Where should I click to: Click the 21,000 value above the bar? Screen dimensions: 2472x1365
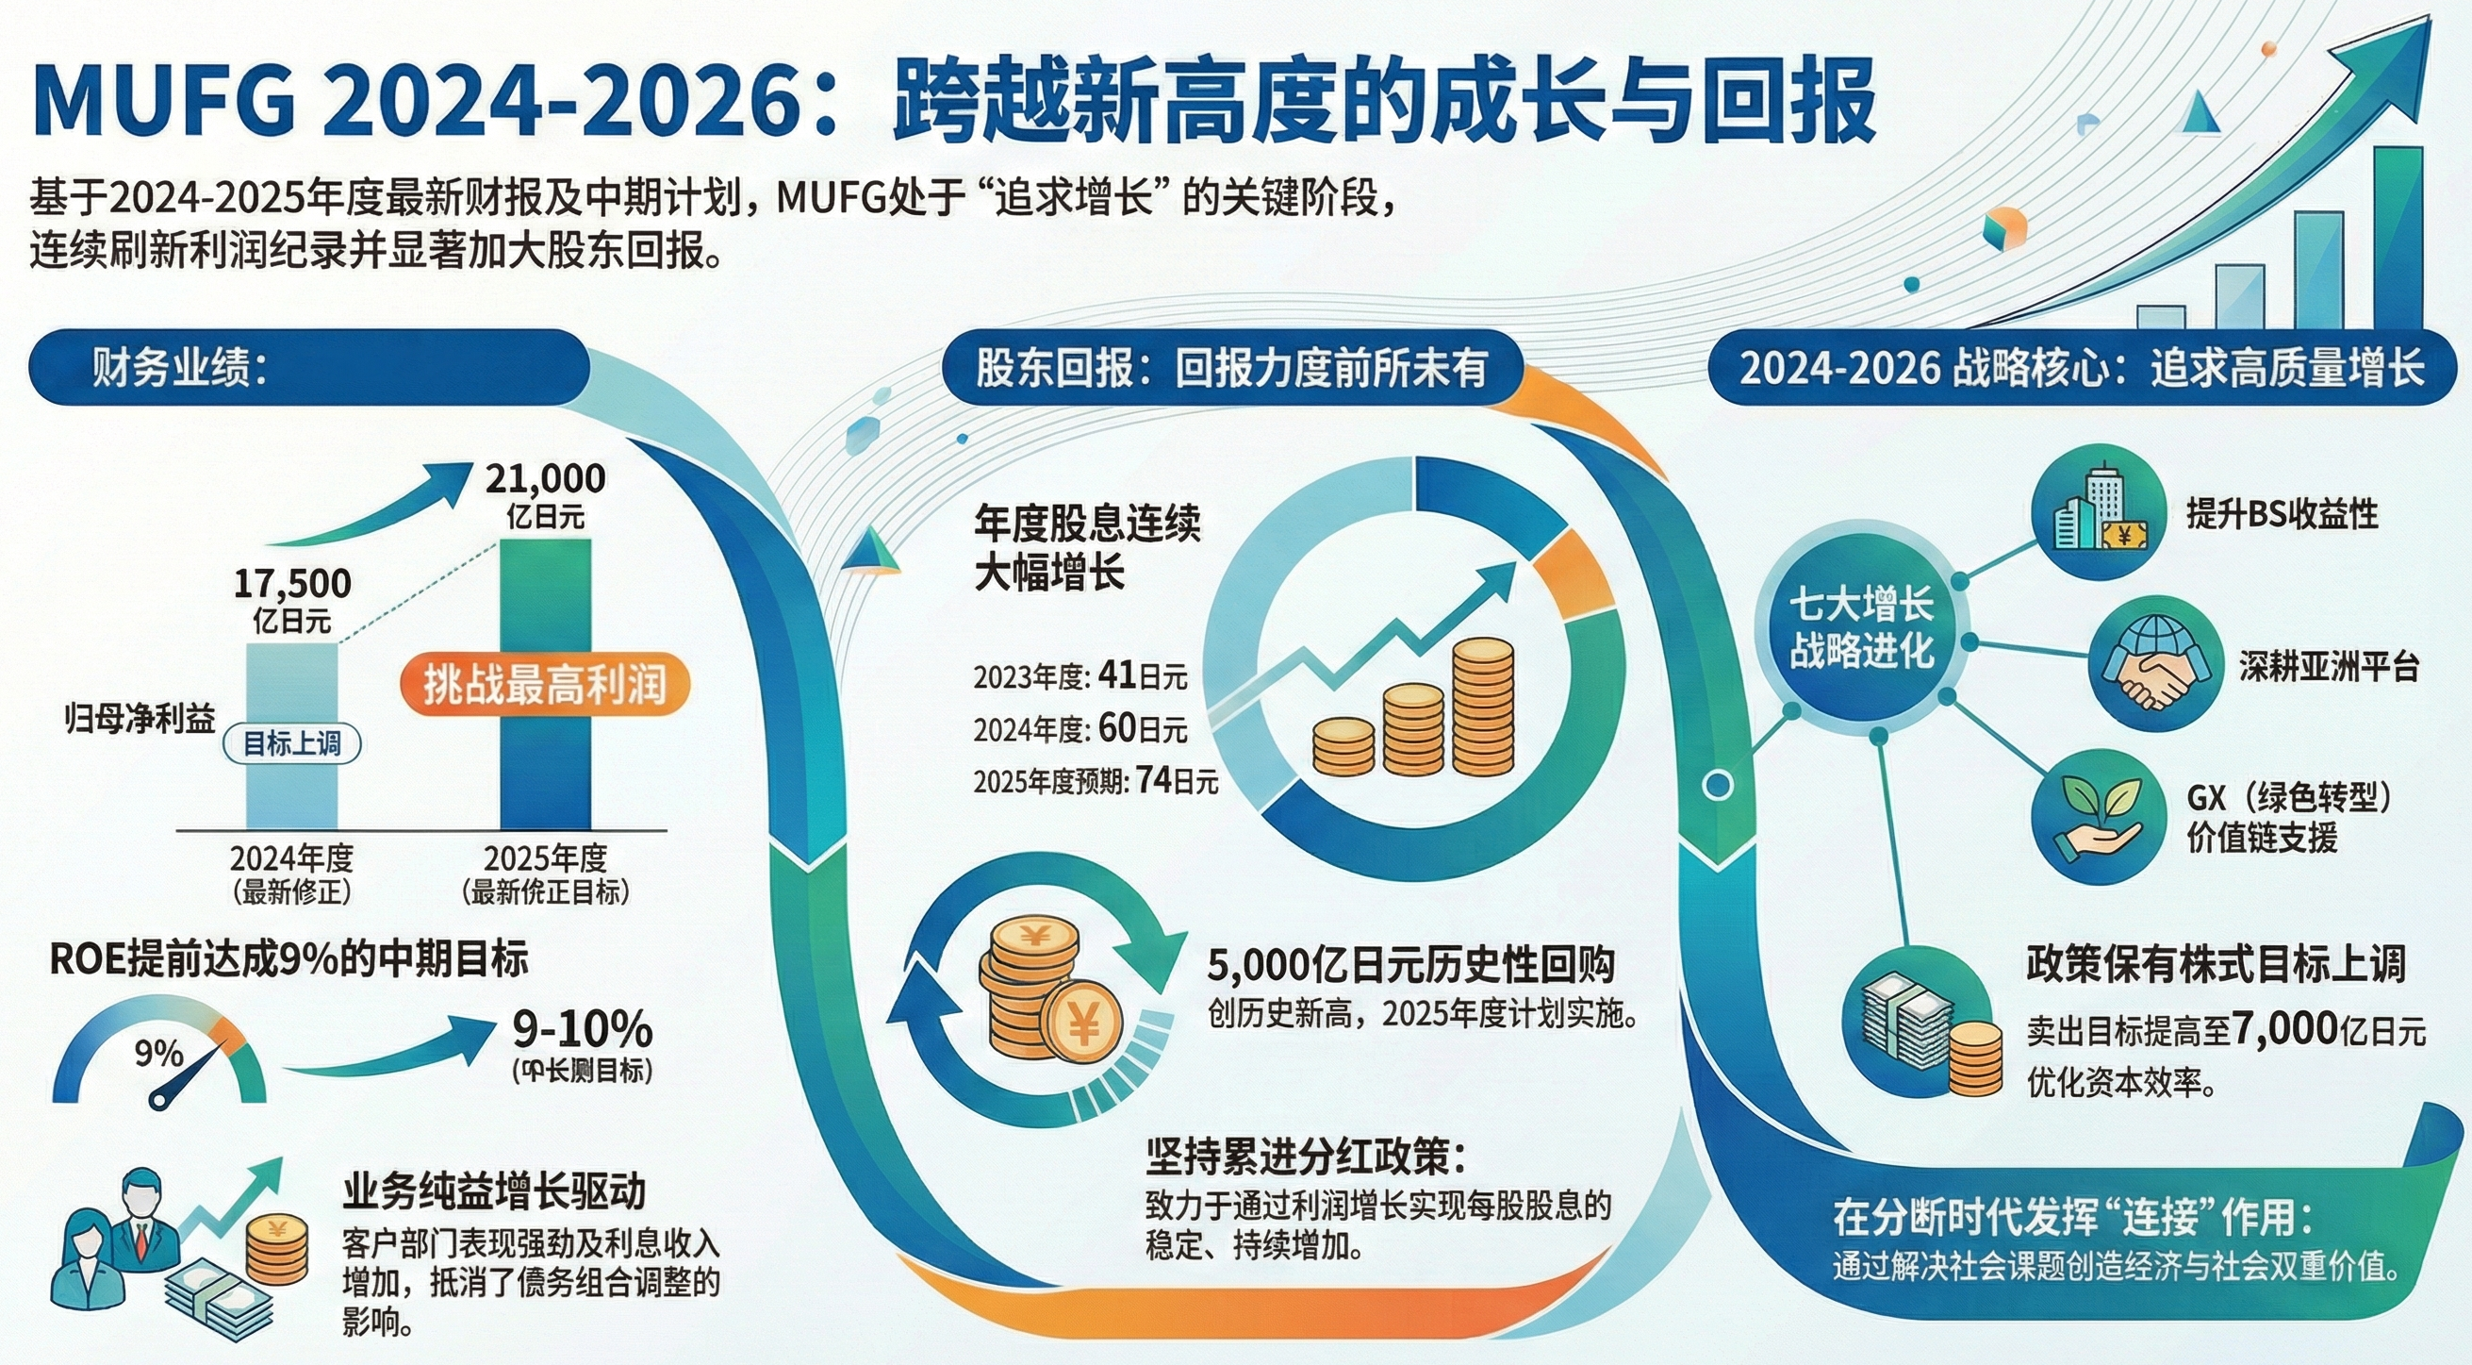(545, 478)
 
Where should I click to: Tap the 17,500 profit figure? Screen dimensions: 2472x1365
(292, 584)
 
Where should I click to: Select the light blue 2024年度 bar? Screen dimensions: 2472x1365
(292, 735)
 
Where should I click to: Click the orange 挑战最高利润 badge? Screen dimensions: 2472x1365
(544, 685)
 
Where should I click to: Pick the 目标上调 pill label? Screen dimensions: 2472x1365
(291, 744)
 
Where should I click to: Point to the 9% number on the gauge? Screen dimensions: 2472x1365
(158, 1053)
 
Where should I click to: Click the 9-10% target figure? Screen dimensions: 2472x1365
(583, 1030)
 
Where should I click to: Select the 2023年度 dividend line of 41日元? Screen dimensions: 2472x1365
(1080, 676)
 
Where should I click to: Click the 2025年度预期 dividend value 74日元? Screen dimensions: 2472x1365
(1177, 780)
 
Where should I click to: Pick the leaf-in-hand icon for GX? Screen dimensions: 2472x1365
(2100, 816)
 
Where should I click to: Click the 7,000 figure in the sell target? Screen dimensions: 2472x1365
(2283, 1029)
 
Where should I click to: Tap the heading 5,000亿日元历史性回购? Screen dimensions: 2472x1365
(1411, 965)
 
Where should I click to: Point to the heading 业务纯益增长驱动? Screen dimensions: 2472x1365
(494, 1192)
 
